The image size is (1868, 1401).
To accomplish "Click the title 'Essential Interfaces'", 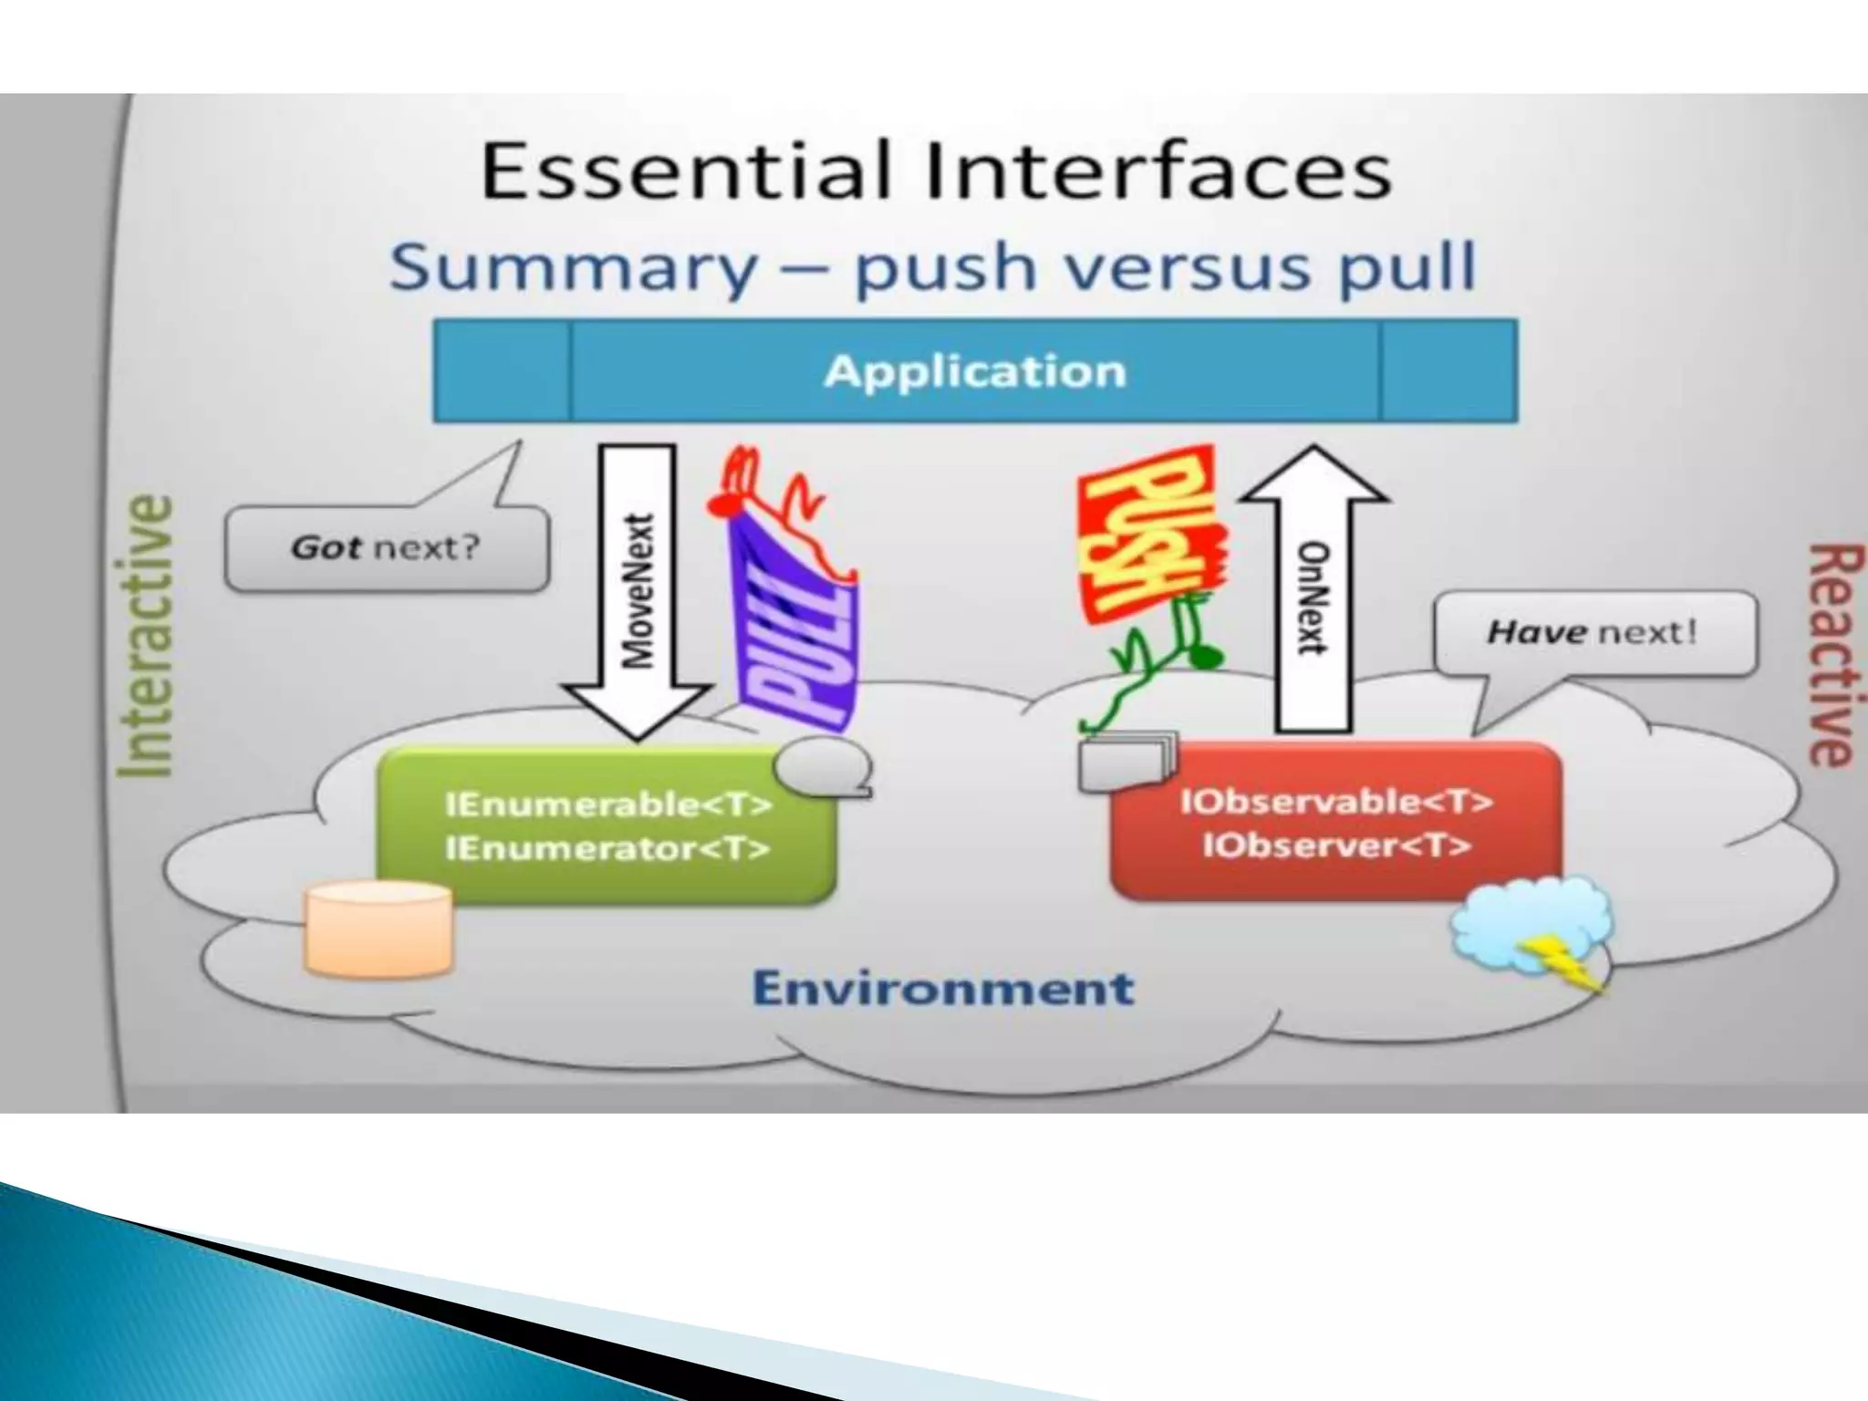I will pos(935,172).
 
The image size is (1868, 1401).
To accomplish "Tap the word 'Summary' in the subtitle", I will pos(573,267).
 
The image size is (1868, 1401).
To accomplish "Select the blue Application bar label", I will pos(974,371).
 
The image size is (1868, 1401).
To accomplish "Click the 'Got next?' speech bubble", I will pos(386,548).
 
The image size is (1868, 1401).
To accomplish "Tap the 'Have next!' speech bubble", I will pos(1593,632).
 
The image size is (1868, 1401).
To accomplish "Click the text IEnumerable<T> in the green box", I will pos(608,804).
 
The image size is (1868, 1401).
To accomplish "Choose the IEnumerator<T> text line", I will pos(608,849).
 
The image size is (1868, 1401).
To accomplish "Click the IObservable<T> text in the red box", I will pos(1336,801).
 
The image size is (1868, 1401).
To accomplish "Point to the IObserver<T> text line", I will pos(1336,846).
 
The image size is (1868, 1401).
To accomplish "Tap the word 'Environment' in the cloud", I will pos(944,989).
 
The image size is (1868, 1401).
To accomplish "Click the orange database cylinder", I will pos(379,929).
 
